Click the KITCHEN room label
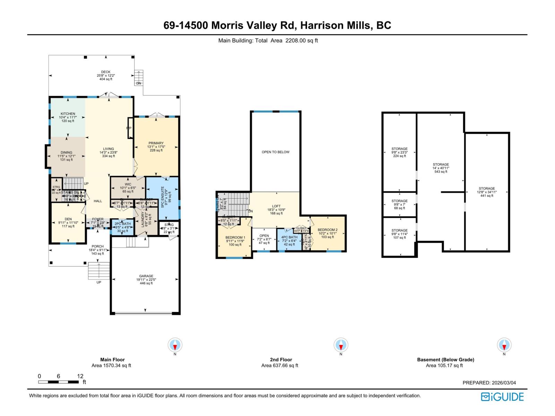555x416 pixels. [x=68, y=114]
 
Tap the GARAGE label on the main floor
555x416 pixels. [x=146, y=276]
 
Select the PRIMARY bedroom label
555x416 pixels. [x=156, y=143]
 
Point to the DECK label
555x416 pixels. [x=106, y=72]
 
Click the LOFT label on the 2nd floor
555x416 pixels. [x=276, y=206]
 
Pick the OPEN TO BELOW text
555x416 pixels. [x=275, y=152]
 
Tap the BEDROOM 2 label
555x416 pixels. [x=327, y=230]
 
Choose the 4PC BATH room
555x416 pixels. [x=289, y=239]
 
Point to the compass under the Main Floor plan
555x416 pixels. [x=175, y=345]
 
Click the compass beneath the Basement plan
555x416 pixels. [x=504, y=345]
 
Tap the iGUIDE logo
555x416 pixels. [x=502, y=397]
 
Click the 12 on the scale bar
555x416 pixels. [x=80, y=376]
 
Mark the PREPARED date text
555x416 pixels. [x=489, y=383]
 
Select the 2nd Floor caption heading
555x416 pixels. [x=281, y=359]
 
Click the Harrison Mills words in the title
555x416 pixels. [x=335, y=25]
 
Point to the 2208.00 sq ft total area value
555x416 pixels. [x=301, y=41]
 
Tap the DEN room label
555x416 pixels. [x=68, y=219]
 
